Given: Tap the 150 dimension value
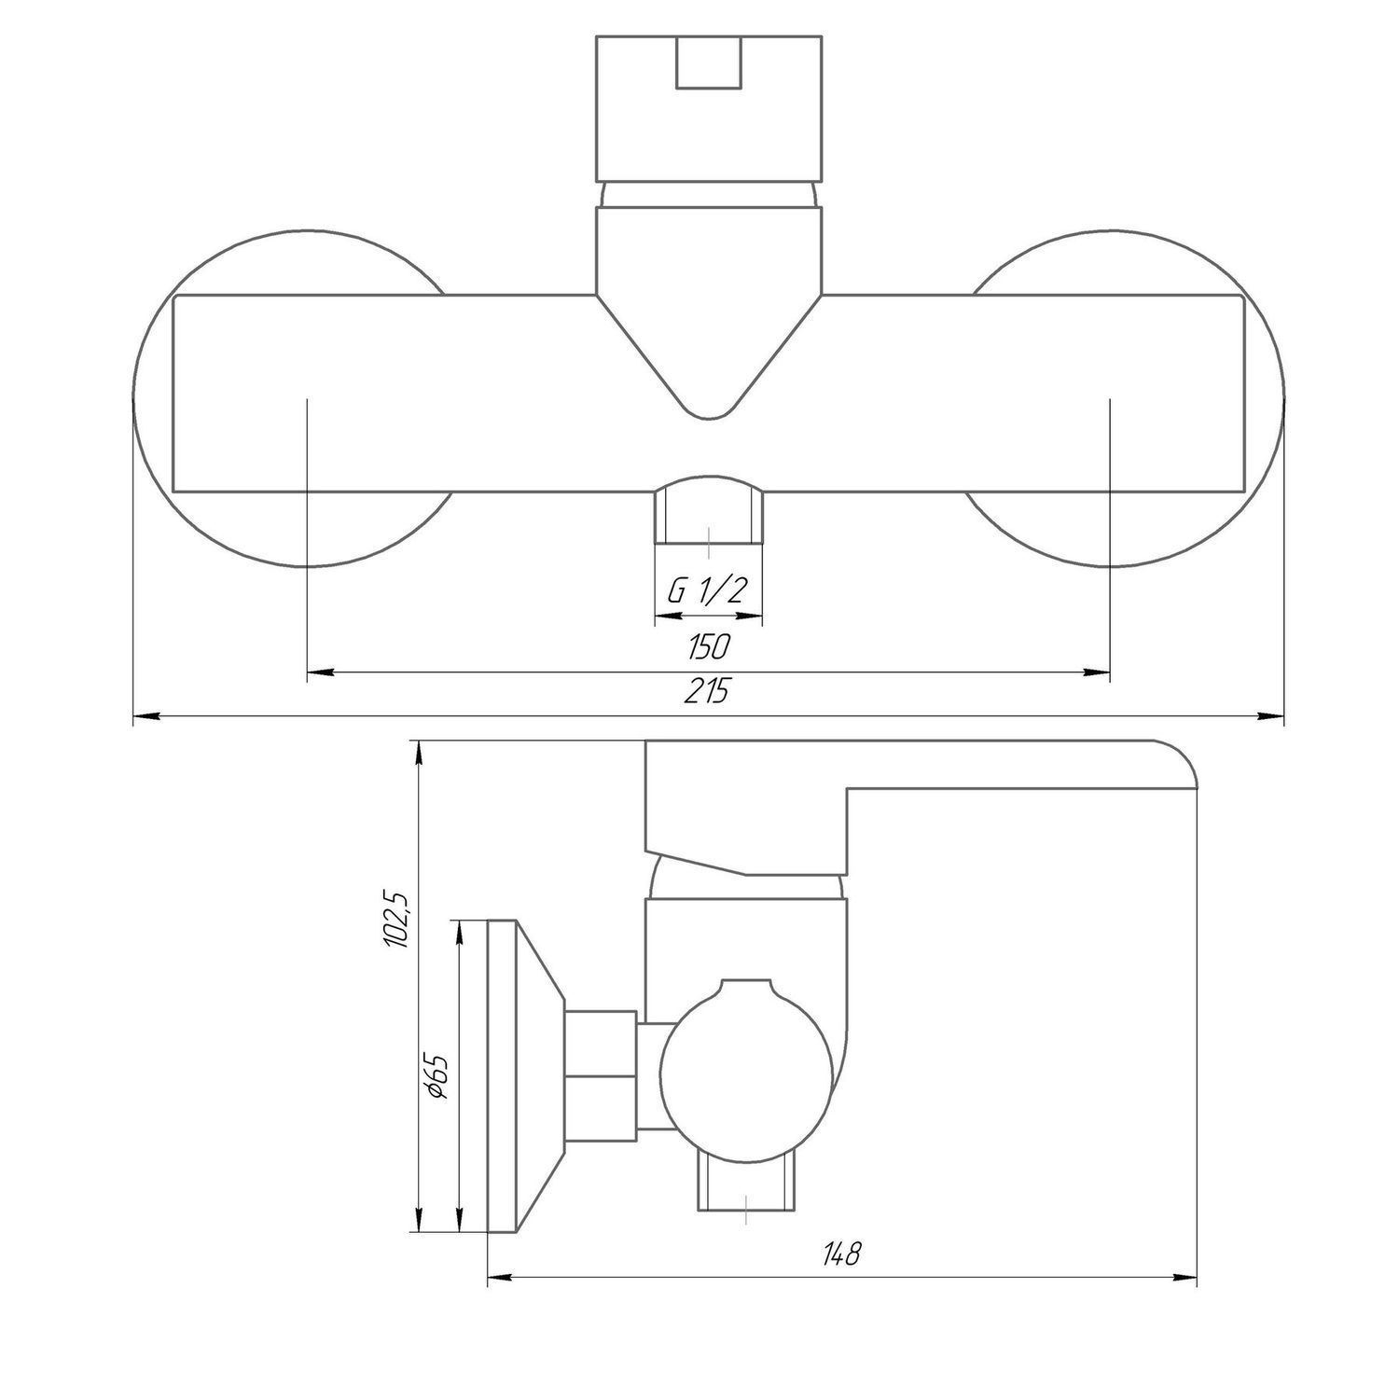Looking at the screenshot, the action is coord(708,645).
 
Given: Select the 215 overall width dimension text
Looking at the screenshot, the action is coord(708,692).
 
